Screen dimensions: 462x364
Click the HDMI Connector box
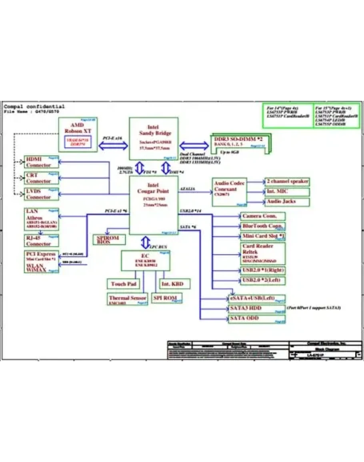tap(41, 162)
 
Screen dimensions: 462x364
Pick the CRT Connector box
tap(41, 178)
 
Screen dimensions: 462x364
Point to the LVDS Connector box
tap(41, 194)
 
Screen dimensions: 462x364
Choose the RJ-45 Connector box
tap(41, 240)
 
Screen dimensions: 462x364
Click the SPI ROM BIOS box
tap(108, 240)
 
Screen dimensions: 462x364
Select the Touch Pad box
tap(124, 284)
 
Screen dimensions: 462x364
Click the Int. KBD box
tap(174, 284)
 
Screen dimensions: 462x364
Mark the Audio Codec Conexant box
tap(230, 192)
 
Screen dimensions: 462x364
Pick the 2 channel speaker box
tap(287, 182)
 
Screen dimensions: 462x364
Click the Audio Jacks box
tap(287, 202)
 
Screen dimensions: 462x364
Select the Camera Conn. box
tap(263, 216)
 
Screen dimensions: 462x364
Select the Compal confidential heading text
tap(34, 107)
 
